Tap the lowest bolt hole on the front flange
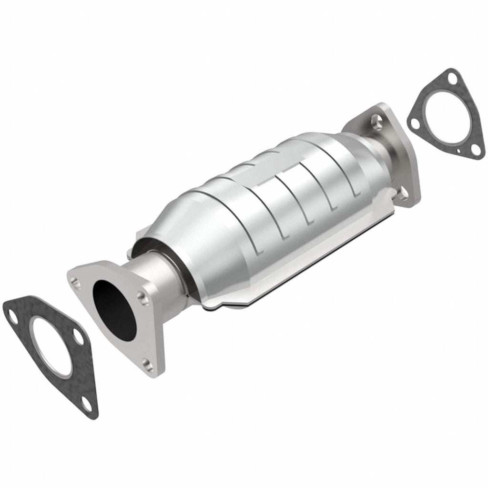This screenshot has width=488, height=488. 148,366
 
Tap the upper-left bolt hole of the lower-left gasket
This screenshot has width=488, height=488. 13,314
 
